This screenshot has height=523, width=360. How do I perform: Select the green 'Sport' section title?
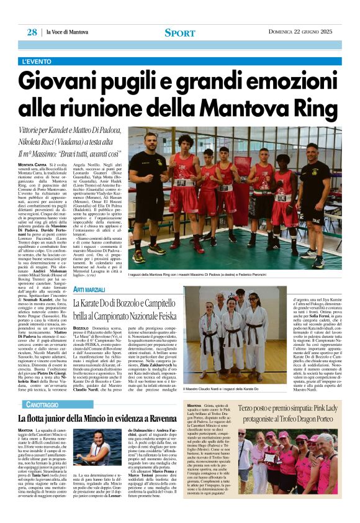[179, 32]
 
